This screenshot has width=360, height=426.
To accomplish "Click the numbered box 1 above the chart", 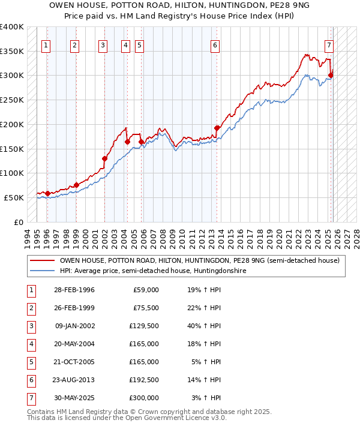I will tap(46, 44).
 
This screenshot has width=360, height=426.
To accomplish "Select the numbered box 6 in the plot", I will tap(215, 44).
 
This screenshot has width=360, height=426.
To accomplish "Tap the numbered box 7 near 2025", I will tap(329, 44).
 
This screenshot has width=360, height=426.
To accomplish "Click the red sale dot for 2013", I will tap(217, 127).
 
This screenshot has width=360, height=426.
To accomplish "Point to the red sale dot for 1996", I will tap(47, 193).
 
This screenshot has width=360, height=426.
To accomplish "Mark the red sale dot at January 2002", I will tap(104, 158).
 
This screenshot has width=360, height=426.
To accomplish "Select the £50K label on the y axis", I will tap(14, 197).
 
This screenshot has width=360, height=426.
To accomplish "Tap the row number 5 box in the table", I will tap(31, 362).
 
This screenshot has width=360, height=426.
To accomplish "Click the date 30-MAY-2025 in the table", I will tap(74, 397).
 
